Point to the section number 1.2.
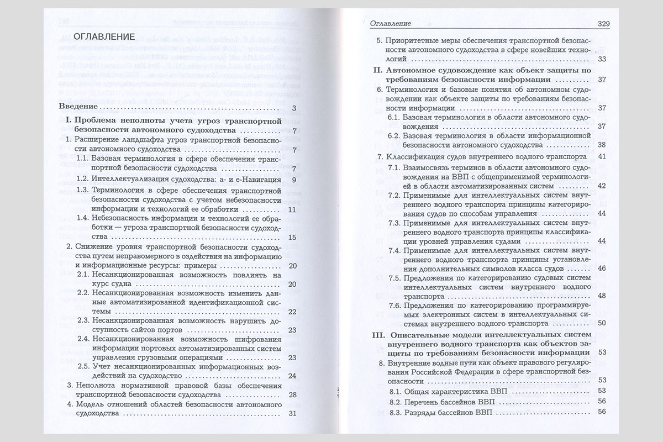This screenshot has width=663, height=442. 83,180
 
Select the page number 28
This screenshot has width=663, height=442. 293,394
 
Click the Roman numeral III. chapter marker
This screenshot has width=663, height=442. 367,335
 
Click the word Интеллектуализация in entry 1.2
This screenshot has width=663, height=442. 130,180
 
